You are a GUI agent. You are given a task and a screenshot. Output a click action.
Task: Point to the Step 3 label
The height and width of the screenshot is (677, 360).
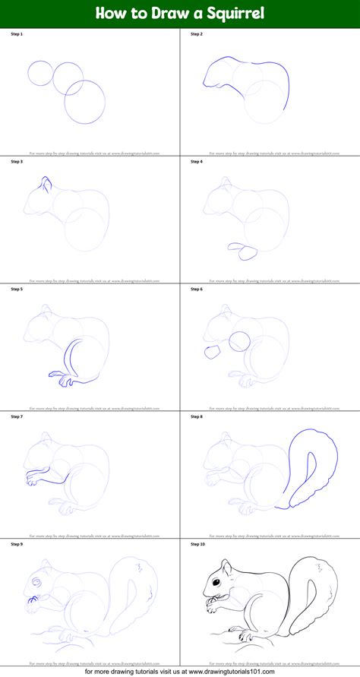pyautogui.click(x=17, y=162)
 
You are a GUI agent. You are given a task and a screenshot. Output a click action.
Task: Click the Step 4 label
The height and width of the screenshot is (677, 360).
pyautogui.click(x=196, y=162)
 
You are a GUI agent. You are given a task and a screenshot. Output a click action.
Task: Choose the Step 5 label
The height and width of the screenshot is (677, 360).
pyautogui.click(x=17, y=289)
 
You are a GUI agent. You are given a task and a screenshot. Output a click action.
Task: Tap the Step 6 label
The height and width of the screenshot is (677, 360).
pyautogui.click(x=196, y=289)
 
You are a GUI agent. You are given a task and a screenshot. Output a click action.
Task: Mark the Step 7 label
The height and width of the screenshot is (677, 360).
pyautogui.click(x=17, y=416)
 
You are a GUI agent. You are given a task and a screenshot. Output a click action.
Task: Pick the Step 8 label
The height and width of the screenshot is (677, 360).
pyautogui.click(x=196, y=416)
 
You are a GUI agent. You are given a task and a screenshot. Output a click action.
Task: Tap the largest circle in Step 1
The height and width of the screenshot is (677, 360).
pyautogui.click(x=84, y=102)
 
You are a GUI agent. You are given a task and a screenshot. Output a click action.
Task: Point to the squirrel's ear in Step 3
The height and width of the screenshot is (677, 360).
pyautogui.click(x=46, y=183)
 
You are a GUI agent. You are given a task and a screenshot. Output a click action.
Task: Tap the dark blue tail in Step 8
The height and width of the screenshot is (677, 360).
pyautogui.click(x=320, y=456)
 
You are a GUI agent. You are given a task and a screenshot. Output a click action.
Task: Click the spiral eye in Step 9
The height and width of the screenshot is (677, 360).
pyautogui.click(x=35, y=582)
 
